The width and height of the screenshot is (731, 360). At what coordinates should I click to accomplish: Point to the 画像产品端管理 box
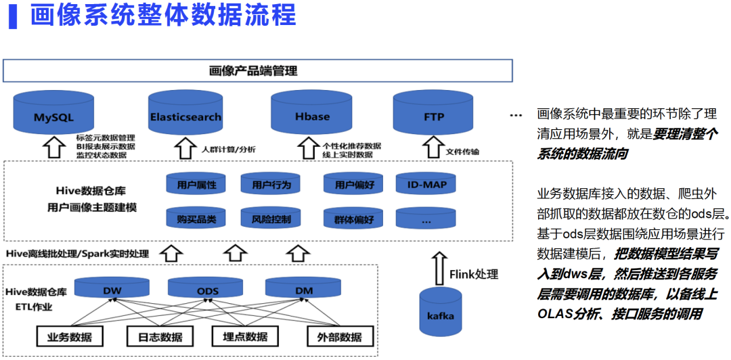[x=257, y=70]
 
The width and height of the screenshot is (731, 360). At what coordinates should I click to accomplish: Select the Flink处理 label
[x=474, y=274]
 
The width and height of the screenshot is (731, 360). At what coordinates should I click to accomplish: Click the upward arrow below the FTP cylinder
[x=433, y=147]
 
